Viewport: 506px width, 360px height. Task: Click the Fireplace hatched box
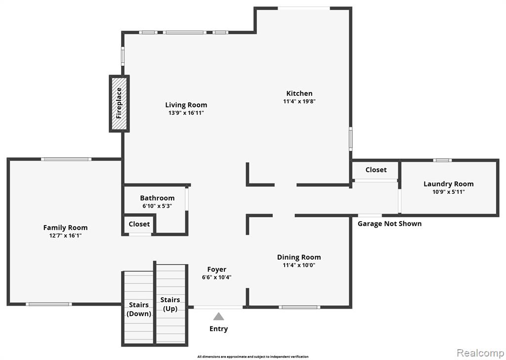coord(119,104)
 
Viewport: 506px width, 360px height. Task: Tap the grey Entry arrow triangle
coord(218,316)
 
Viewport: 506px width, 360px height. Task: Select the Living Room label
coord(186,105)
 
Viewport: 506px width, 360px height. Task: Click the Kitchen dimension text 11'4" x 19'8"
coord(299,101)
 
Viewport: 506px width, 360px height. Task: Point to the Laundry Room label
coord(449,184)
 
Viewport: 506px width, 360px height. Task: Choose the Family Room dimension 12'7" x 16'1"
coord(66,236)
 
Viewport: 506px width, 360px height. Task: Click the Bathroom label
coord(157,198)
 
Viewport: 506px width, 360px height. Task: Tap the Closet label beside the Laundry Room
coord(376,170)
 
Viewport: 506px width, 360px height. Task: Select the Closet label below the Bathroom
coord(139,224)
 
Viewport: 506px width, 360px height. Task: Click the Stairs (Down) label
coord(139,309)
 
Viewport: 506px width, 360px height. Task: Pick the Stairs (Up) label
coord(170,304)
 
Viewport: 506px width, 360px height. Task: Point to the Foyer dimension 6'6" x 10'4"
coord(217,277)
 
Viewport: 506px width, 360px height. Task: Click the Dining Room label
coord(299,257)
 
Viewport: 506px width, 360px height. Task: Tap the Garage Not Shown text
coord(389,224)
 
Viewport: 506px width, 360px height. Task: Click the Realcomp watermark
coord(480,353)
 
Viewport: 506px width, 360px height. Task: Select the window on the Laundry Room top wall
coord(442,160)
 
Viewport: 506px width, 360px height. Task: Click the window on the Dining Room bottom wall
coord(300,307)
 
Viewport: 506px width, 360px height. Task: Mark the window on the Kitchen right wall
coord(351,139)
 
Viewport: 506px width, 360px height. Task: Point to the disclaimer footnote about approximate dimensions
coord(253,357)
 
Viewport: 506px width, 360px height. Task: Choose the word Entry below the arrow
coord(218,329)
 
